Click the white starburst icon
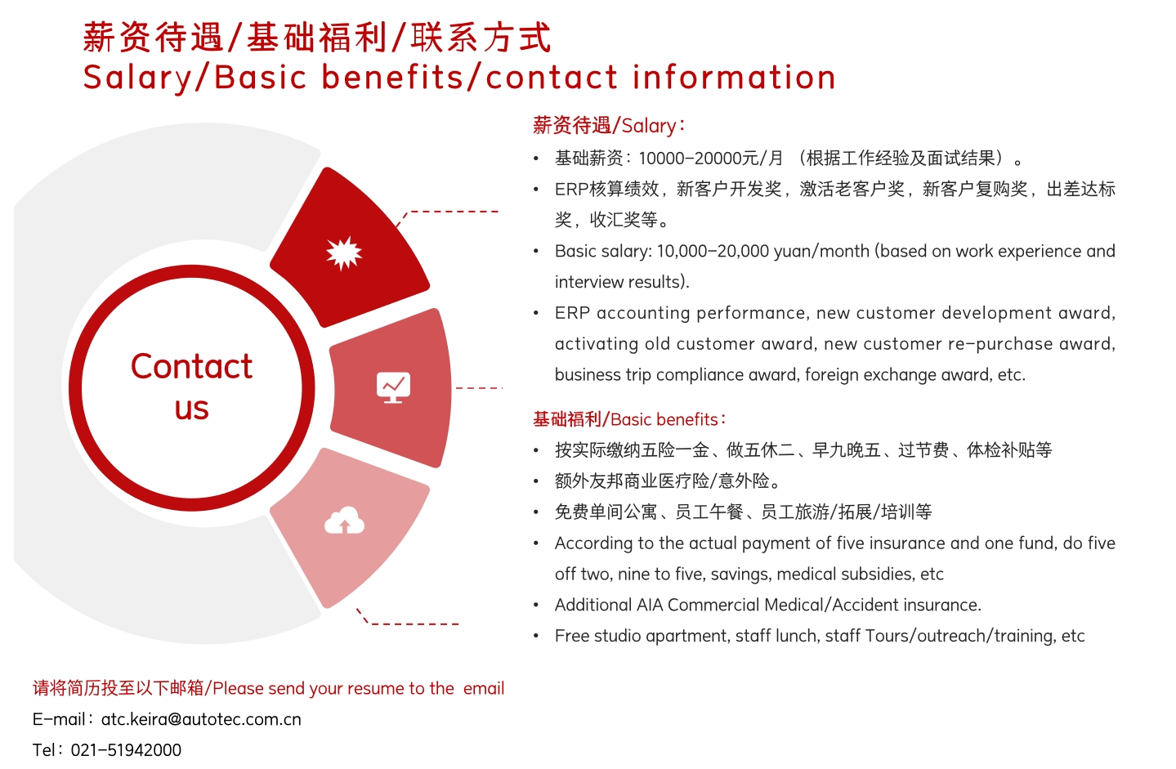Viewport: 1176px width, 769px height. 344,253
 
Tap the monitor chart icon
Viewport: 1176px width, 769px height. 393,387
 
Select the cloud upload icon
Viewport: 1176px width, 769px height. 344,521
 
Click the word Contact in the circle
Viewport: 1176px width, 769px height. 191,366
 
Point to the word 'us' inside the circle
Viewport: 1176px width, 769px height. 191,409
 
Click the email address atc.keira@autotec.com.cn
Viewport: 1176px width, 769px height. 201,719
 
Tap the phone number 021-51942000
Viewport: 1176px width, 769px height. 126,750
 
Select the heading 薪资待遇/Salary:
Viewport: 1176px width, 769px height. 609,126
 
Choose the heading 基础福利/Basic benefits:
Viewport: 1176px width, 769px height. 629,419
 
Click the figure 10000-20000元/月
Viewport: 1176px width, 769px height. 711,158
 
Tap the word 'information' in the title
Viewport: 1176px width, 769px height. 734,78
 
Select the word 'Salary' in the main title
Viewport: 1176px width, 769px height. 137,78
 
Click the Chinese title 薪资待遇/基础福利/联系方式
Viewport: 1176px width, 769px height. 317,37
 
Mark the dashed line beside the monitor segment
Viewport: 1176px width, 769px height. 479,388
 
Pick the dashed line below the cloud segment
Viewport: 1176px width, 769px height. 407,619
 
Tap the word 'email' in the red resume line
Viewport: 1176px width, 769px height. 484,688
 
